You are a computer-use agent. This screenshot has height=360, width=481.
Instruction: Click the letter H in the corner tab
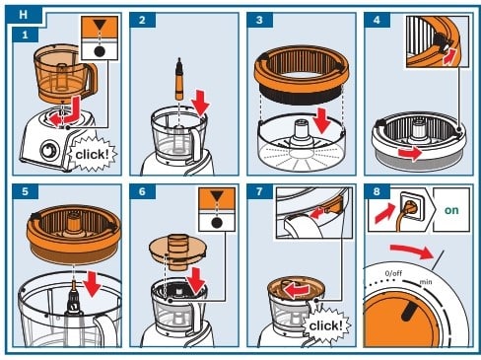pos(23,15)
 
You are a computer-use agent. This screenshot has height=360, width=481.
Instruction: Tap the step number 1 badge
pos(26,35)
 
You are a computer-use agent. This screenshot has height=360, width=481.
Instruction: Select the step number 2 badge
pos(142,20)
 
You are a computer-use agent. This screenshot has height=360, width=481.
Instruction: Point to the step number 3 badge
pos(259,20)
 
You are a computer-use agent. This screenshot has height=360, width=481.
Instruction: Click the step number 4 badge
pos(377,20)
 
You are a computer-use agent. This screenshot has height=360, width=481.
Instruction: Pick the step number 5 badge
pos(26,191)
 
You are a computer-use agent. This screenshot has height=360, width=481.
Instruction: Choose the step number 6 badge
pos(142,191)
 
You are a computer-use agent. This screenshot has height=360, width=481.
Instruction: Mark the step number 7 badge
pos(259,191)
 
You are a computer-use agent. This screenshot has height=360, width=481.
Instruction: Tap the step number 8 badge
pos(377,191)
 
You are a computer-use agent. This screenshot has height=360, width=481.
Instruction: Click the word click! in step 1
pos(92,154)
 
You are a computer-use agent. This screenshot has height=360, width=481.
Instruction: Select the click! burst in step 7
pos(326,325)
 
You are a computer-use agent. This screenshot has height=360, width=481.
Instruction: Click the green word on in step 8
pos(451,210)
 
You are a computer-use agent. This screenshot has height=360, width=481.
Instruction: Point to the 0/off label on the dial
pos(393,273)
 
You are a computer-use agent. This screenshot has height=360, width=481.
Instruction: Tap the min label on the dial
pos(426,282)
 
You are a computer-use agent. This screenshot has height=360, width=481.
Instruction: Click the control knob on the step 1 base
pos(49,151)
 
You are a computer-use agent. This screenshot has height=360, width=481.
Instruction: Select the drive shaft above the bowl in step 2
pos(179,79)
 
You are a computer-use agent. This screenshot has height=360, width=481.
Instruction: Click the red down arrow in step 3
pos(321,120)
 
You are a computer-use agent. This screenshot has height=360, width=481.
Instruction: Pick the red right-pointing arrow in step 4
pos(410,153)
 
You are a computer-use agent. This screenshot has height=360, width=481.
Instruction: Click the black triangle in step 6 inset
pos(217,197)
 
